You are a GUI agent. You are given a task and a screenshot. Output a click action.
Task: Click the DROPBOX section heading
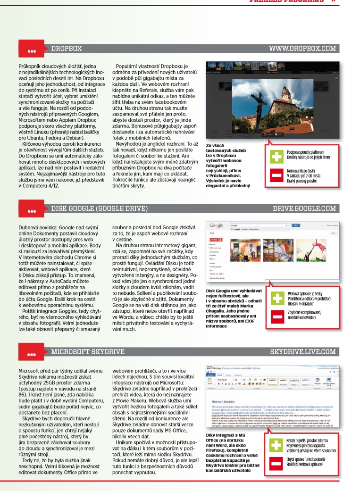[x=67, y=48]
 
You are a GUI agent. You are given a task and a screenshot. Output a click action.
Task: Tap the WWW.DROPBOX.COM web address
[x=302, y=48]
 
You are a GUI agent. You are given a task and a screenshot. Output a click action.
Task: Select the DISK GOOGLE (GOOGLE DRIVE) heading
[x=99, y=208]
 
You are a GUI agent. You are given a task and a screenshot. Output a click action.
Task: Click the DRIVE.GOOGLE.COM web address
[x=304, y=208]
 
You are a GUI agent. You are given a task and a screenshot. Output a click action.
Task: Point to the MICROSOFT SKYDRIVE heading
[x=88, y=351]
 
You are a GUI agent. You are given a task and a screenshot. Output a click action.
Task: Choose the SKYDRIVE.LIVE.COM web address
[x=303, y=351]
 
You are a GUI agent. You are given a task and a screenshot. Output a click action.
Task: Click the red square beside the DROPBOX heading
[x=32, y=49]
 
